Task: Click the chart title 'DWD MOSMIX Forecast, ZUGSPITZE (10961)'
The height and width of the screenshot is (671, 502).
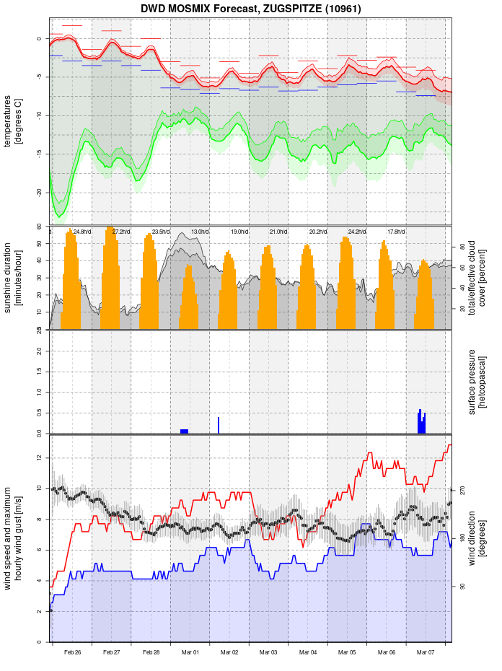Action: (251, 9)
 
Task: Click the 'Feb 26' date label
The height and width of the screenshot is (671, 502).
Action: (72, 652)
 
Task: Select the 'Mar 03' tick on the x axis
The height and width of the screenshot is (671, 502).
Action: (269, 652)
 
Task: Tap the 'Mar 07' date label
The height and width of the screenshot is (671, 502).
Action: (426, 652)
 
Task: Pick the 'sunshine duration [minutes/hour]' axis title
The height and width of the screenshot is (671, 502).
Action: (12, 278)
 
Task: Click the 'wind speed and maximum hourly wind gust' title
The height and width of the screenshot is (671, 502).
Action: (12, 538)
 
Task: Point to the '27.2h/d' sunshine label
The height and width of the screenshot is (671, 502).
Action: (121, 232)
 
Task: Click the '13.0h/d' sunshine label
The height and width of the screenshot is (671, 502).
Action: (200, 232)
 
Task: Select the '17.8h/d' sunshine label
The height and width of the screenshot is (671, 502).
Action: (396, 232)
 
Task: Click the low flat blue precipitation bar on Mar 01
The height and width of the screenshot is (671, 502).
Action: (185, 431)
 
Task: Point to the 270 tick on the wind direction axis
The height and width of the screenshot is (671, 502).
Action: (462, 491)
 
